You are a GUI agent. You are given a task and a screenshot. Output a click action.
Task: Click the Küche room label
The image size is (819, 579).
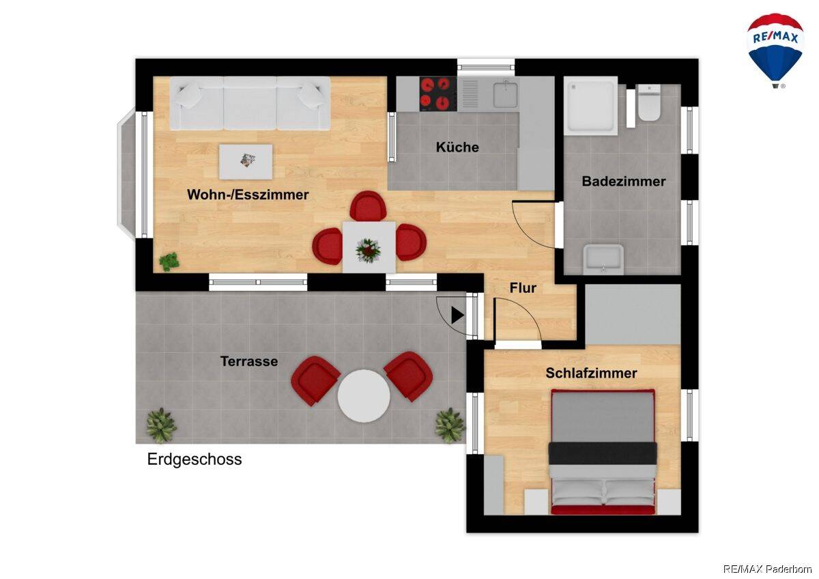[x=457, y=147]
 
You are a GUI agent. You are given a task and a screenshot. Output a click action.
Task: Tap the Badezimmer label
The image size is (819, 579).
[x=623, y=182]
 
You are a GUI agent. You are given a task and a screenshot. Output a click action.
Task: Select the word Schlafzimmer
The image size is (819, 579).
[x=591, y=373]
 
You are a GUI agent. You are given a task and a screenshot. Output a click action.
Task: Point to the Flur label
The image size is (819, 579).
[x=523, y=288]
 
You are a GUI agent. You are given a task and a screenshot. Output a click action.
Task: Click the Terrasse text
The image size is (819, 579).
[x=249, y=361]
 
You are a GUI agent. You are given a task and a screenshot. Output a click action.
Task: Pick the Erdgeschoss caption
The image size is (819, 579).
[x=195, y=460]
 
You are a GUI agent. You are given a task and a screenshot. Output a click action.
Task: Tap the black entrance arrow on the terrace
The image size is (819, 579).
[x=457, y=315]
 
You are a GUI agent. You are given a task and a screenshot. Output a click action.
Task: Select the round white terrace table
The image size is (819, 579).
[x=363, y=396]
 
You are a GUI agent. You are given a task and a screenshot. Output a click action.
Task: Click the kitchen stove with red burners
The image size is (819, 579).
[x=438, y=94]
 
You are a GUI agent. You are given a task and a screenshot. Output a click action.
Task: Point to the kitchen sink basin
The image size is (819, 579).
[x=506, y=94]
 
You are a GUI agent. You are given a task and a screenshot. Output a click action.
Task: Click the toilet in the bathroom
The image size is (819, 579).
[x=648, y=102]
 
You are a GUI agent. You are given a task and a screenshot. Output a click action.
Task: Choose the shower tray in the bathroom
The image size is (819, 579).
[x=590, y=106]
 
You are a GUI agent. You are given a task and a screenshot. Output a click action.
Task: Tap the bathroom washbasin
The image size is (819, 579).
[x=603, y=259]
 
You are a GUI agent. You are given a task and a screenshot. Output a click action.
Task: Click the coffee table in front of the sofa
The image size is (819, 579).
[x=246, y=162]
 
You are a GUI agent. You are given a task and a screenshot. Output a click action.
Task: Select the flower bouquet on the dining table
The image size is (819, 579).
[x=368, y=251]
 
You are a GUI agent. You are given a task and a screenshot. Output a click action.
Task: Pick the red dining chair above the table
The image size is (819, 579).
[x=368, y=206]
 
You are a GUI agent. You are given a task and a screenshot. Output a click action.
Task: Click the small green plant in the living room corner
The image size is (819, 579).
[x=169, y=262]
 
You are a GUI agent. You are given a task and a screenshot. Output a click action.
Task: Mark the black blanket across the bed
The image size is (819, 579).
[x=603, y=453]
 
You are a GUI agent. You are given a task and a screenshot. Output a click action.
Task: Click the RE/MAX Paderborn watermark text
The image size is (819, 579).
[x=767, y=569]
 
